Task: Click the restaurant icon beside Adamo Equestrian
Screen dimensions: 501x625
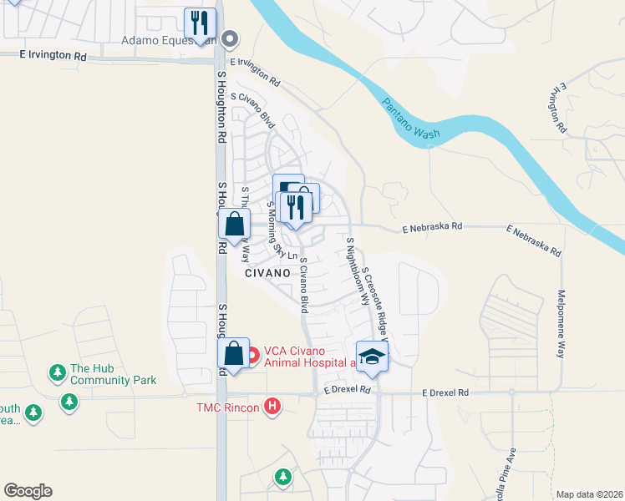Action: tap(200, 23)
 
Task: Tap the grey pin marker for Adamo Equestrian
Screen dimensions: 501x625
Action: tap(232, 38)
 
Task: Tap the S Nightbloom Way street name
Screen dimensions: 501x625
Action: tap(357, 271)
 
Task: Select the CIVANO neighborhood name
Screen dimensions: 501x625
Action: tap(267, 273)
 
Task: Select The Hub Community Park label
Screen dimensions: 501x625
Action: tap(113, 374)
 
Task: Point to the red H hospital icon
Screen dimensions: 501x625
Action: tap(272, 407)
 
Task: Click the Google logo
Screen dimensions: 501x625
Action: tap(28, 491)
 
